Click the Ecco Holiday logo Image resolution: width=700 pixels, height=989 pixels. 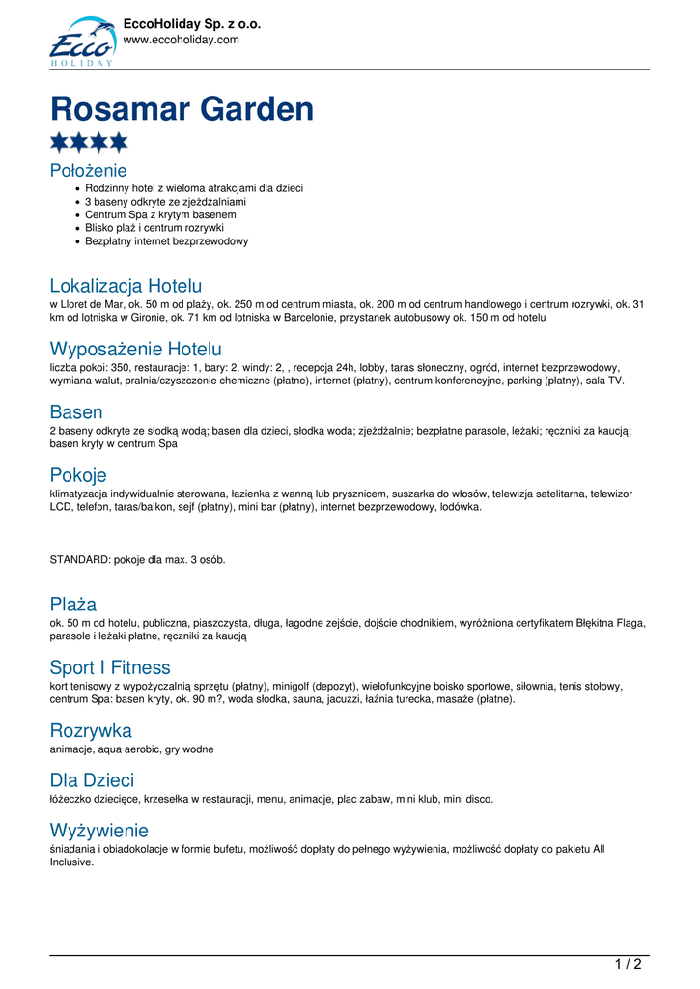pyautogui.click(x=82, y=42)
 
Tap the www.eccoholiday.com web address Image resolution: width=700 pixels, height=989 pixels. pyautogui.click(x=181, y=41)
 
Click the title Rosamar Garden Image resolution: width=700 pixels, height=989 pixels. pyautogui.click(x=182, y=109)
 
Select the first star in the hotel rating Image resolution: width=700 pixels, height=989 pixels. pyautogui.click(x=59, y=143)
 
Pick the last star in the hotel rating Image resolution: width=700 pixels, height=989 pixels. pyautogui.click(x=118, y=143)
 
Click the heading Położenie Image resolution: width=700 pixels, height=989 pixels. pyautogui.click(x=89, y=171)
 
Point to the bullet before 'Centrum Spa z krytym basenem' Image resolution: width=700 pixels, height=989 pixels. pyautogui.click(x=77, y=214)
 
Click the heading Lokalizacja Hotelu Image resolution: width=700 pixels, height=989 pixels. pyautogui.click(x=126, y=286)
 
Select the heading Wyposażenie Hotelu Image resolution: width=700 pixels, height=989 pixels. pyautogui.click(x=135, y=349)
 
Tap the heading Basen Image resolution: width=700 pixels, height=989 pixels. pyautogui.click(x=76, y=412)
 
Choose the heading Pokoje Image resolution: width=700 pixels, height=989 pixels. pyautogui.click(x=78, y=475)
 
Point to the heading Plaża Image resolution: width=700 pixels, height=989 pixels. pyautogui.click(x=73, y=605)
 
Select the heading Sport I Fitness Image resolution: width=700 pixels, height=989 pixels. pyautogui.click(x=110, y=667)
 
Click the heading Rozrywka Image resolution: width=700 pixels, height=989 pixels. pyautogui.click(x=91, y=731)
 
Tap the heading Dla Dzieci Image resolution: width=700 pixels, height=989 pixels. pyautogui.click(x=92, y=780)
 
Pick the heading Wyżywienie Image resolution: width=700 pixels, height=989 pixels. pyautogui.click(x=99, y=831)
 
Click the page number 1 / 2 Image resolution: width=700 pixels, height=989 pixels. pyautogui.click(x=628, y=964)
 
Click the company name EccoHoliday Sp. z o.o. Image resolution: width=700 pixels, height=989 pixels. pyautogui.click(x=192, y=24)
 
